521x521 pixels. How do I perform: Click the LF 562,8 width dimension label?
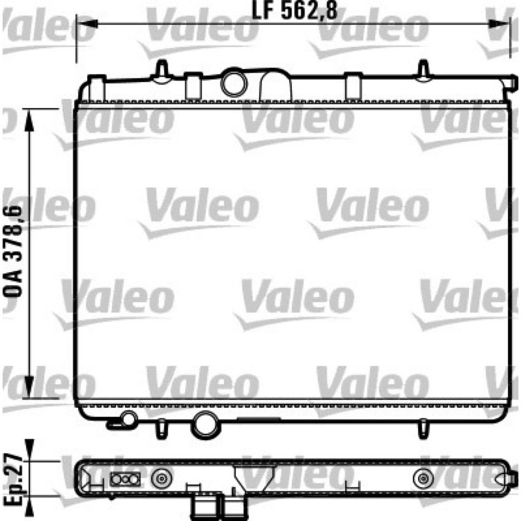tap(295, 10)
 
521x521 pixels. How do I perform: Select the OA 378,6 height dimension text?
tap(13, 251)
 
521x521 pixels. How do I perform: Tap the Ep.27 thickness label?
tap(13, 479)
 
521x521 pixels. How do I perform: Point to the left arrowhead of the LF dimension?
tap(87, 23)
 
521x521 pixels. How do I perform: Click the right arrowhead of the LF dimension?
tap(498, 23)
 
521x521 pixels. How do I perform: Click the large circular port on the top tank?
tap(234, 83)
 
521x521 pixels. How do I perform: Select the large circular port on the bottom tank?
tap(205, 425)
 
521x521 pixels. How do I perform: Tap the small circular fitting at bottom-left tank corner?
tap(128, 419)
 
